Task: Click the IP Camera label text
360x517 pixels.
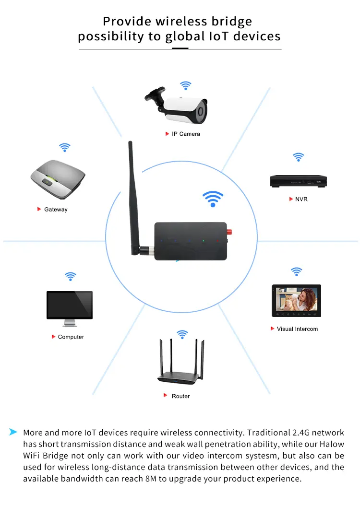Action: [x=186, y=134]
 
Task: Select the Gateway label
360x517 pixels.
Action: [x=56, y=210]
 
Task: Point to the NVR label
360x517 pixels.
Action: [x=301, y=199]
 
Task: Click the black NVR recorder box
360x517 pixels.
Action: [x=298, y=181]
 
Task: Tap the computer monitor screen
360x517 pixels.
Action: [x=70, y=305]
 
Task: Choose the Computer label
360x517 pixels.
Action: [x=71, y=337]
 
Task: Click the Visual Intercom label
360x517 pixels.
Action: [x=297, y=329]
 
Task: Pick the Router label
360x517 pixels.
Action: [x=180, y=396]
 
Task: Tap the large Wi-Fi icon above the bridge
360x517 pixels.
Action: [x=213, y=199]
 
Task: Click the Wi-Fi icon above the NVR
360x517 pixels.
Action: [x=299, y=157]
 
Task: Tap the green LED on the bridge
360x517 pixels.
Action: [x=204, y=241]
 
